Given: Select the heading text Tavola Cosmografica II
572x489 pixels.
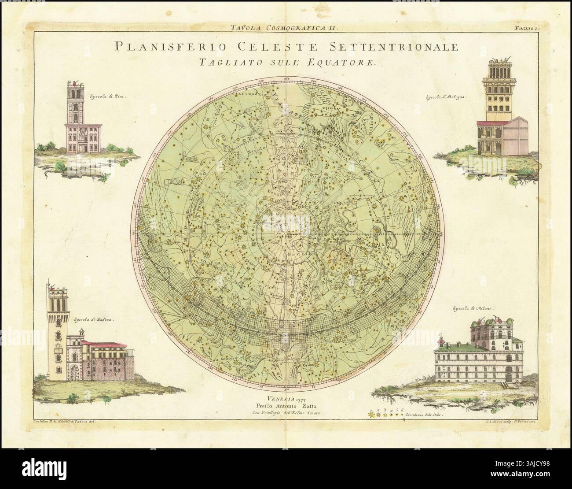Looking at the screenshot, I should (x=284, y=28).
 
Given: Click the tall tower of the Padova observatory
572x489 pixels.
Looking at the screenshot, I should (x=56, y=335).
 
